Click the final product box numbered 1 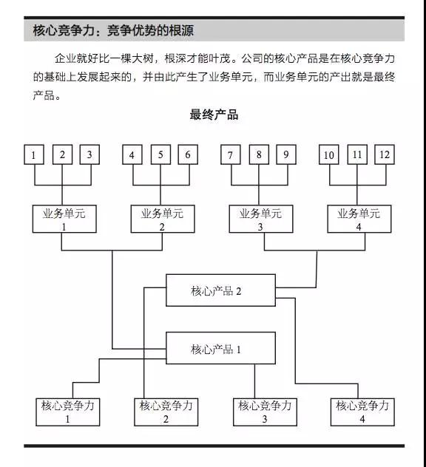[x=34, y=154]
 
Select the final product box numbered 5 [x=160, y=154]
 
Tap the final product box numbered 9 [x=286, y=154]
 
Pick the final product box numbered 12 [x=385, y=154]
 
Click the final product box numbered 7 [x=231, y=154]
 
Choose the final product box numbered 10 [x=329, y=154]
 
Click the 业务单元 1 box [x=64, y=219]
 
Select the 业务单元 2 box [x=163, y=219]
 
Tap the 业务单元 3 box [x=261, y=219]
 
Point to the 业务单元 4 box [x=359, y=219]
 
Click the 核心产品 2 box [x=220, y=290]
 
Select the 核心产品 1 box [x=220, y=348]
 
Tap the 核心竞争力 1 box [x=67, y=412]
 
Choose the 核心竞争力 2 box [x=166, y=412]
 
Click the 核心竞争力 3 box [x=265, y=412]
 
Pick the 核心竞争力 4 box [x=362, y=412]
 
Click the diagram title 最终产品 [x=214, y=115]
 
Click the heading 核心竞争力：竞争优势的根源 [x=113, y=30]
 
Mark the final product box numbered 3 [x=89, y=154]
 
